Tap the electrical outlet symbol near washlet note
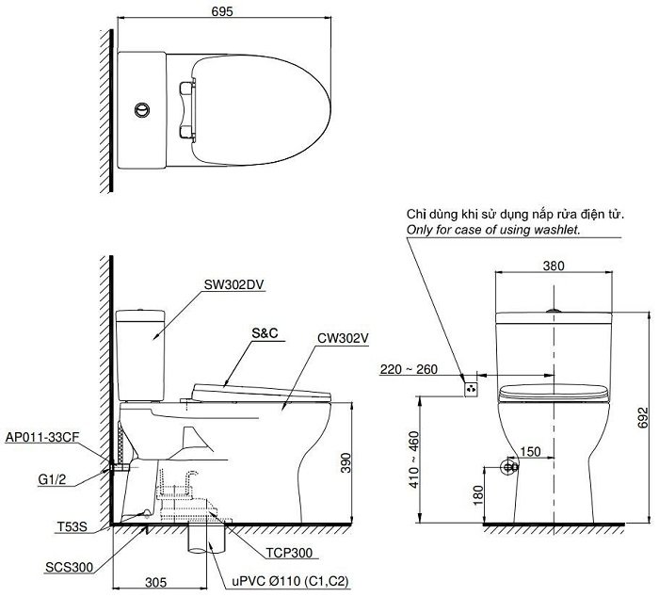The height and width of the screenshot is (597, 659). [x=472, y=386]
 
